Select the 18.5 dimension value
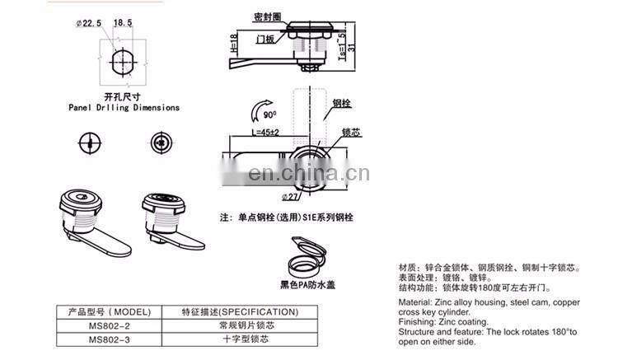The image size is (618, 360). click(x=121, y=22)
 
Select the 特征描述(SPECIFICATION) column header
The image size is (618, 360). click(x=240, y=312)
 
